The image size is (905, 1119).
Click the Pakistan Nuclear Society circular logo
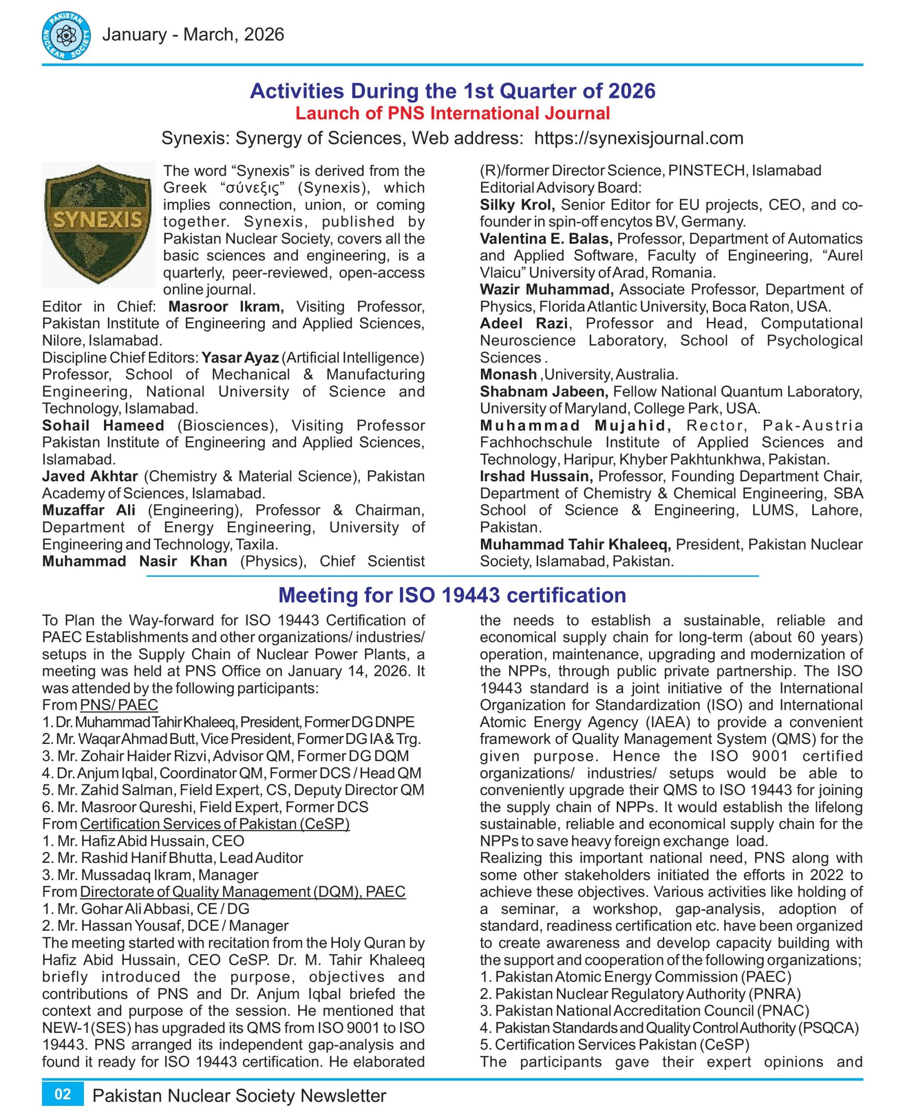66,36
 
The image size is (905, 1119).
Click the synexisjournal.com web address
639,138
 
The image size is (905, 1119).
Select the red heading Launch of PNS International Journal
452,113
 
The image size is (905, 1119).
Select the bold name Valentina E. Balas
546,239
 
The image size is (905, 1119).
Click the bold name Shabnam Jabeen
544,391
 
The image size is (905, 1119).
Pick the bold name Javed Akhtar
90,476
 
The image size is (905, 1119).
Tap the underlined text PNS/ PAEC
119,705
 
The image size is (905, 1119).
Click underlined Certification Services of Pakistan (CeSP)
215,824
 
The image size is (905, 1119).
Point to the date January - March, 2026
193,35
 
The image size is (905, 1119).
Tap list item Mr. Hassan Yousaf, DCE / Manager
165,926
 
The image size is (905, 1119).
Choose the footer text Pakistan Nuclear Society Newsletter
239,1095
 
